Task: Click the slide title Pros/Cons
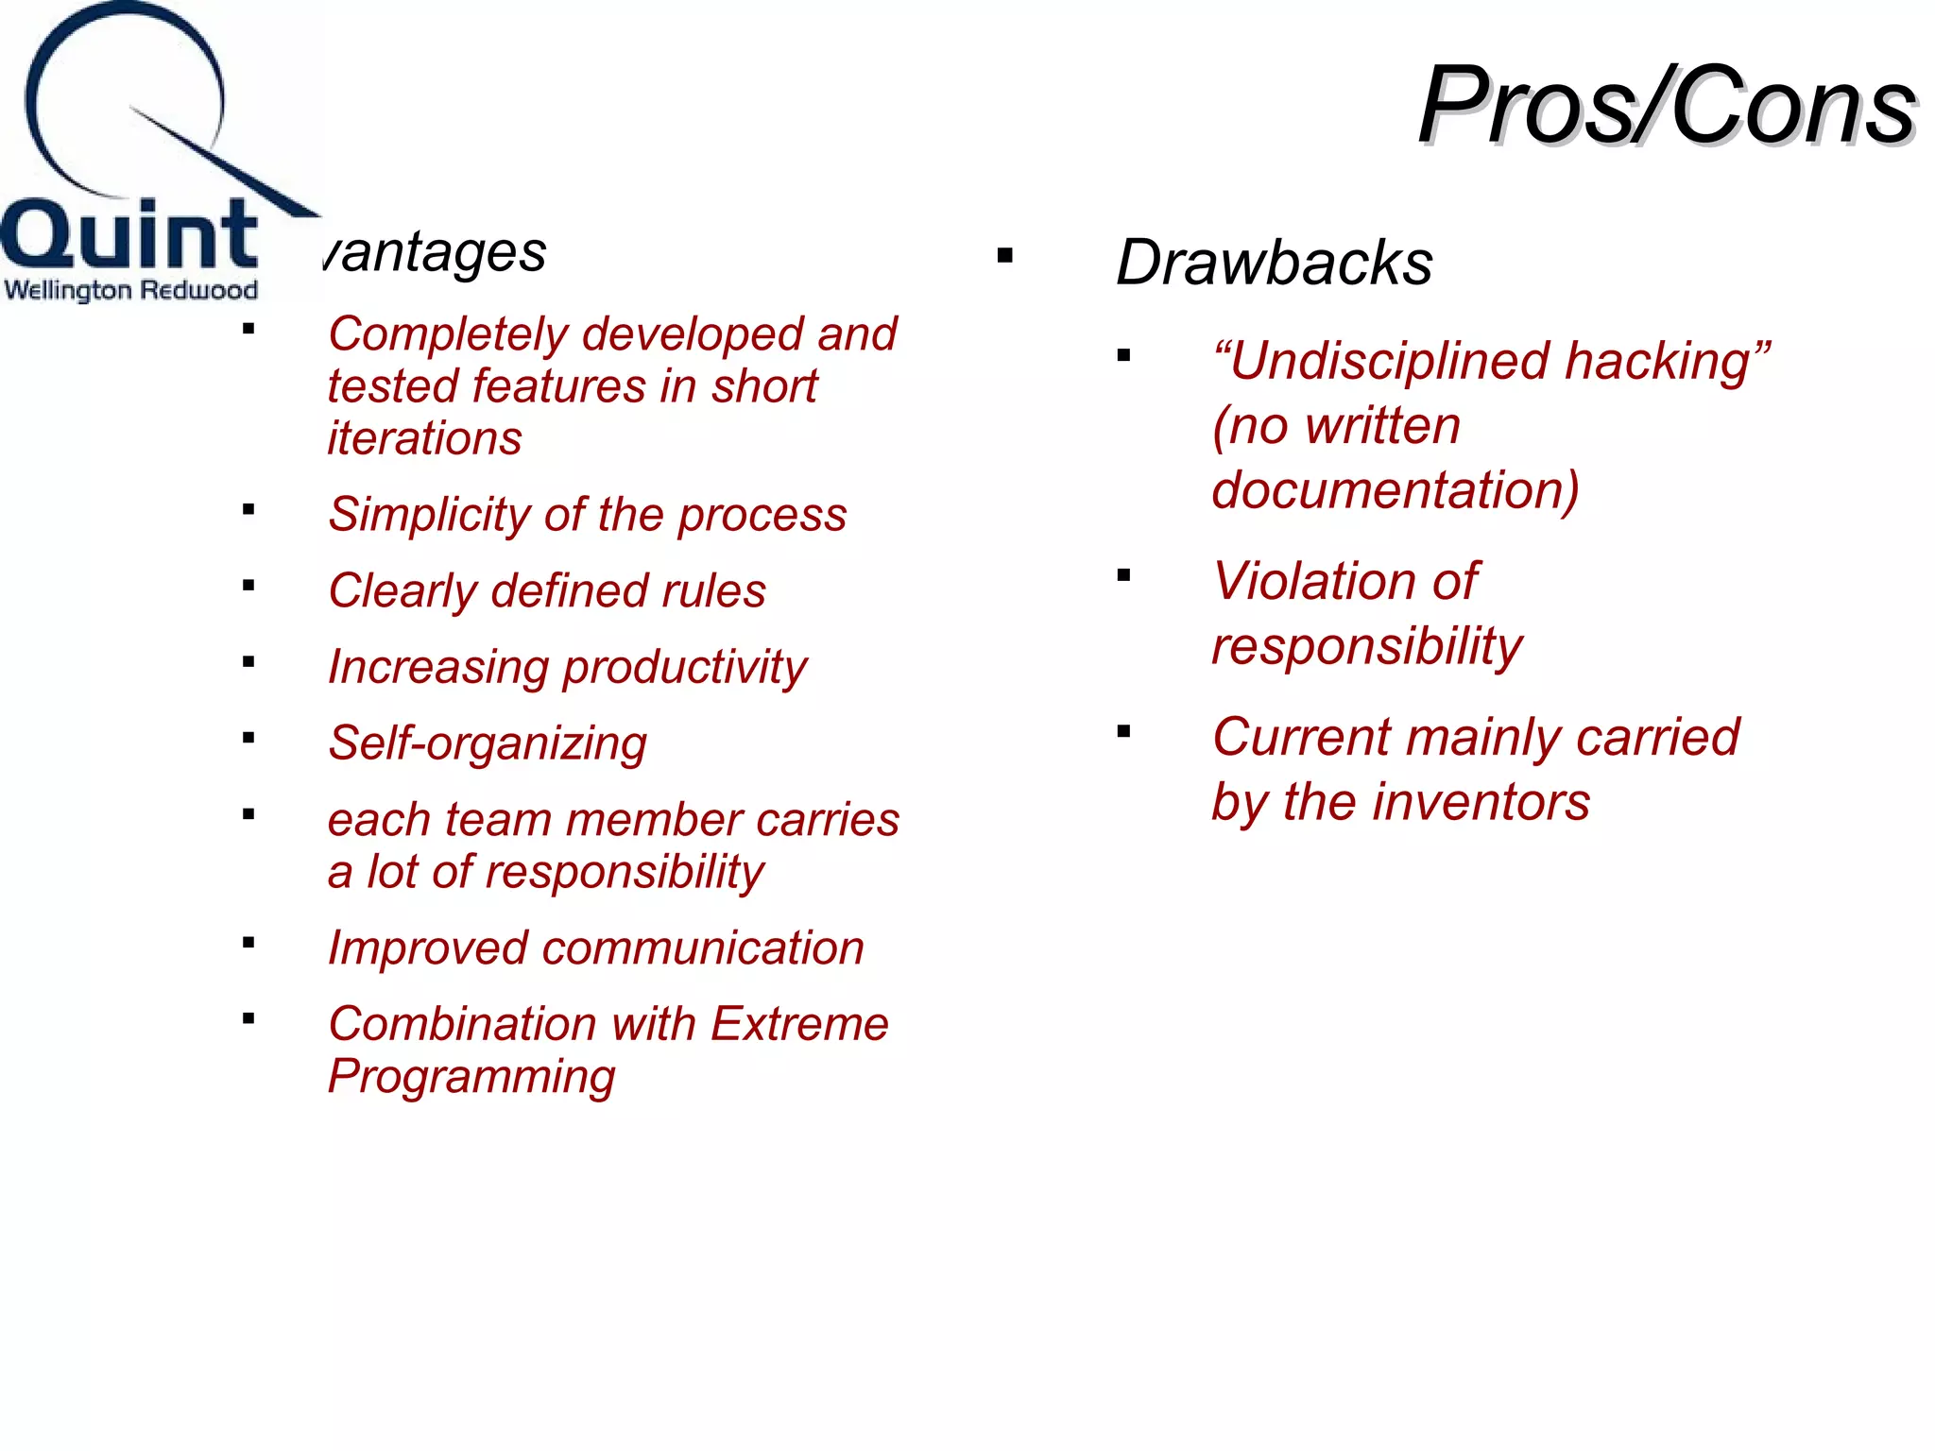[x=1667, y=106]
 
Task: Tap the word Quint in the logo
[x=129, y=235]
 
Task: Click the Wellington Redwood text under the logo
[x=130, y=290]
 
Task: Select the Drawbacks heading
[x=1274, y=263]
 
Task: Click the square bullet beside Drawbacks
[x=1004, y=255]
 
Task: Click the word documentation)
[x=1395, y=490]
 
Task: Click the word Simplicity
[x=430, y=515]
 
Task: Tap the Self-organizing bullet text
[x=487, y=743]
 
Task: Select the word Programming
[x=471, y=1076]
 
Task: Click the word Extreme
[x=799, y=1024]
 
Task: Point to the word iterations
[x=424, y=438]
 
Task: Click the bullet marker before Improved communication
[x=248, y=942]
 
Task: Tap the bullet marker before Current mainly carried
[x=1123, y=730]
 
